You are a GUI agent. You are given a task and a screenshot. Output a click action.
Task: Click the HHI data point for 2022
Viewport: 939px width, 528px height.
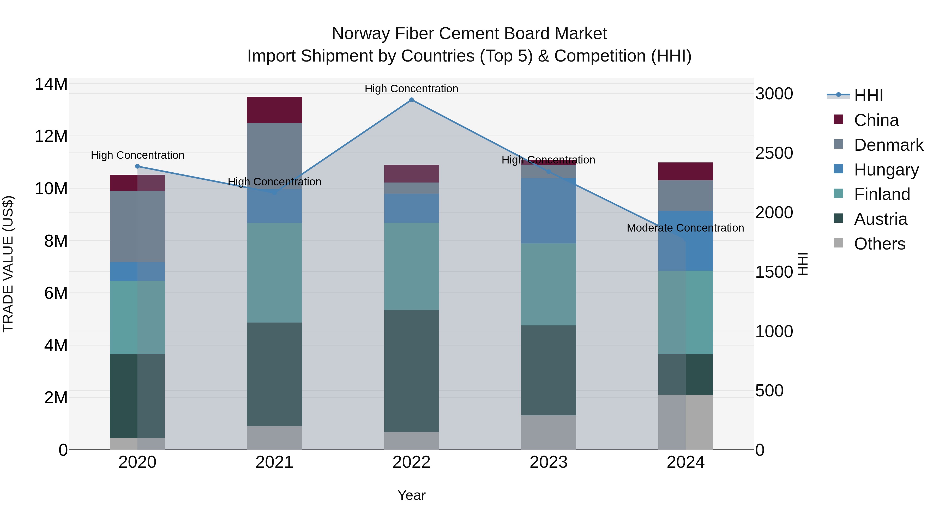coord(412,100)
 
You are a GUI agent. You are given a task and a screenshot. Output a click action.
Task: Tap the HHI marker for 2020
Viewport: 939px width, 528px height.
coord(137,167)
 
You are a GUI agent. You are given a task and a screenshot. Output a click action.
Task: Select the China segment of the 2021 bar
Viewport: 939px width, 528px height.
coord(274,110)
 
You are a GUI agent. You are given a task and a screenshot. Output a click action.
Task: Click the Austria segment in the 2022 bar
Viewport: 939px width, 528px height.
coord(412,371)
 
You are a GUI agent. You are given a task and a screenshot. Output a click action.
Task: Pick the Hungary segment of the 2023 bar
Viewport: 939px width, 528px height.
coord(549,211)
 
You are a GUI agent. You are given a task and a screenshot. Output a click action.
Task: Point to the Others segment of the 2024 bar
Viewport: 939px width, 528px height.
coord(686,422)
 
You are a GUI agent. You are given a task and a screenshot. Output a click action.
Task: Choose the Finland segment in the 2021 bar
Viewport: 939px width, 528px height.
coord(274,272)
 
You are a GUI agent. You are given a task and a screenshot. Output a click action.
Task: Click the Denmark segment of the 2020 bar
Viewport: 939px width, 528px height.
coord(137,226)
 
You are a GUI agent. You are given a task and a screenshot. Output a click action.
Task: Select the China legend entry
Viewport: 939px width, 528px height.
coord(876,120)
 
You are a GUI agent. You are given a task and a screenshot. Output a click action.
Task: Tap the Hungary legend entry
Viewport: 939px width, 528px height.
coord(886,170)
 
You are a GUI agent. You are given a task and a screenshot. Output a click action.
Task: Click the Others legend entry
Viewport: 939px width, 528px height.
coord(880,244)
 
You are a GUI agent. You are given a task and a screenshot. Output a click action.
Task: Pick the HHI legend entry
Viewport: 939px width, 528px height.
coord(868,95)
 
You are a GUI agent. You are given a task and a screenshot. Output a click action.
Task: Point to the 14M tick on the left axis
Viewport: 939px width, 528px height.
coord(51,84)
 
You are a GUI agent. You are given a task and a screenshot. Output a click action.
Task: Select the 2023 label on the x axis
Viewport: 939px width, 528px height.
coord(549,462)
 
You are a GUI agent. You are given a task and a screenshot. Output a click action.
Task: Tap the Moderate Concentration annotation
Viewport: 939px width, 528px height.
coord(685,228)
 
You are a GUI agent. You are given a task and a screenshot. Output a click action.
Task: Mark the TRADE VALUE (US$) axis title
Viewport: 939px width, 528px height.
coord(8,264)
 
